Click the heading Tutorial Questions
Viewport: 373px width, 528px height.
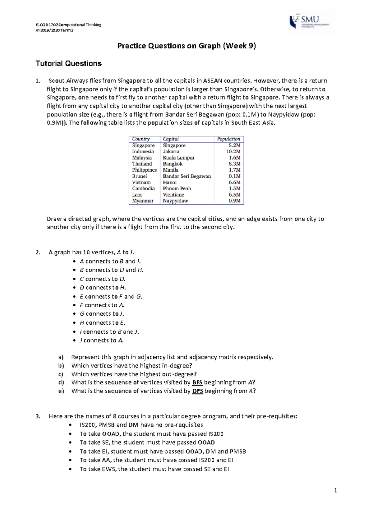click(x=68, y=63)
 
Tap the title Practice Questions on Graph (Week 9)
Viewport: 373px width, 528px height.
click(x=186, y=46)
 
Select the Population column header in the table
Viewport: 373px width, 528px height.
click(x=228, y=139)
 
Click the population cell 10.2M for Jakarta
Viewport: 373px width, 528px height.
click(x=233, y=151)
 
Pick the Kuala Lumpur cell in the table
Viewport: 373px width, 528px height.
click(x=179, y=158)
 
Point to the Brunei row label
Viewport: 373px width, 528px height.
click(x=140, y=176)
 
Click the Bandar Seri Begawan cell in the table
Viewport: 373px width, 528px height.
click(x=187, y=176)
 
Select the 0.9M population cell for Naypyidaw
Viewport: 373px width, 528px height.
click(x=235, y=201)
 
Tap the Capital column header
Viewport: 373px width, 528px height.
click(x=171, y=139)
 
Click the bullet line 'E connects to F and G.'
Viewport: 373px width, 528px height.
click(x=111, y=296)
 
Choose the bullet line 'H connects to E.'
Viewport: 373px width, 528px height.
click(x=103, y=323)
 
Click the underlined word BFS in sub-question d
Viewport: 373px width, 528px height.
click(x=197, y=382)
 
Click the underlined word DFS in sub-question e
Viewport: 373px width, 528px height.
click(x=197, y=391)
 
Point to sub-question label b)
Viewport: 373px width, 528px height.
click(x=61, y=366)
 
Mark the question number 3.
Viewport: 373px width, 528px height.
click(x=38, y=416)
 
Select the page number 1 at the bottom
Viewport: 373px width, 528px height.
click(x=335, y=491)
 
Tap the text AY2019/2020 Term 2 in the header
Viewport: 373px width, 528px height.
click(x=54, y=30)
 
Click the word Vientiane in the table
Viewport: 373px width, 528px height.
click(x=173, y=195)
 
